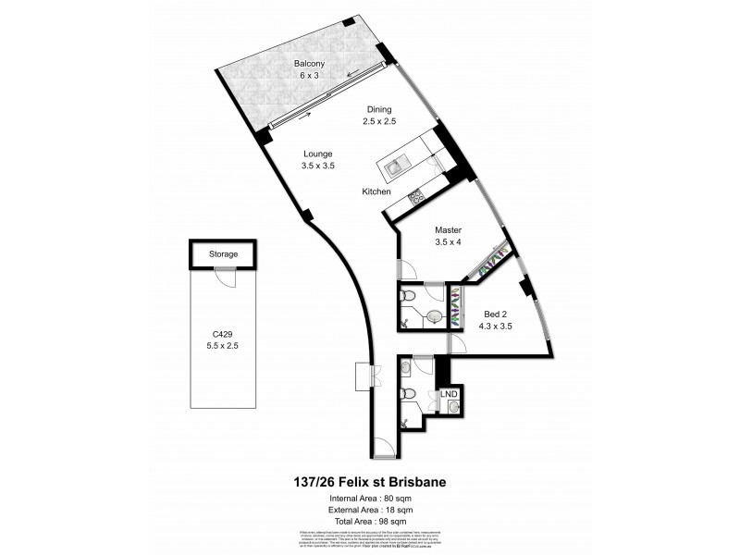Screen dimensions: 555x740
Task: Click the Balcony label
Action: point(308,63)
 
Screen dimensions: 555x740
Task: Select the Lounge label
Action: point(316,154)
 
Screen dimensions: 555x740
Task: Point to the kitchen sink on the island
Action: point(393,167)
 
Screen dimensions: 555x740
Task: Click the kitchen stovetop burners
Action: point(415,196)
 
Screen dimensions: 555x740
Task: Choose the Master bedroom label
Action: point(448,230)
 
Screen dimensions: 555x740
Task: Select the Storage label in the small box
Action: point(223,253)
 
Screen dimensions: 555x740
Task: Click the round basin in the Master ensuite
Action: point(433,316)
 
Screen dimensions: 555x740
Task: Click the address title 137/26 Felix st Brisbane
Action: point(369,482)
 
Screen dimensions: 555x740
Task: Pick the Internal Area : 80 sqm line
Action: point(369,499)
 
